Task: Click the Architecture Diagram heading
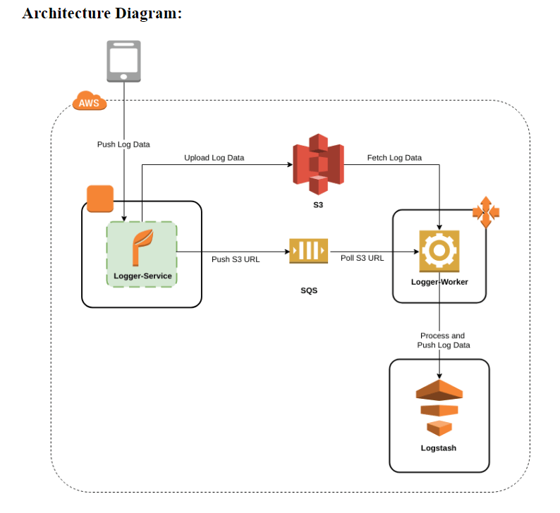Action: [102, 13]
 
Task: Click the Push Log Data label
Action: [123, 144]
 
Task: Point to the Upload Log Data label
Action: [214, 158]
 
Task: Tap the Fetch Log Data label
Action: [394, 158]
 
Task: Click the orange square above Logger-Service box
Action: [99, 199]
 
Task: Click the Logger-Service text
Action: [142, 276]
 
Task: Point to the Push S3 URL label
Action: [236, 259]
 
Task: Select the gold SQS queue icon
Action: [308, 251]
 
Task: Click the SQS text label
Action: [308, 290]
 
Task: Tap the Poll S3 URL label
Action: [362, 258]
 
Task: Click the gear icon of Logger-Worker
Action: [439, 251]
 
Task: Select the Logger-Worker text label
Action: [439, 282]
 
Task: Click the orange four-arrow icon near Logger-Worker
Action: [485, 212]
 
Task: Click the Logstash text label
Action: [439, 448]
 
